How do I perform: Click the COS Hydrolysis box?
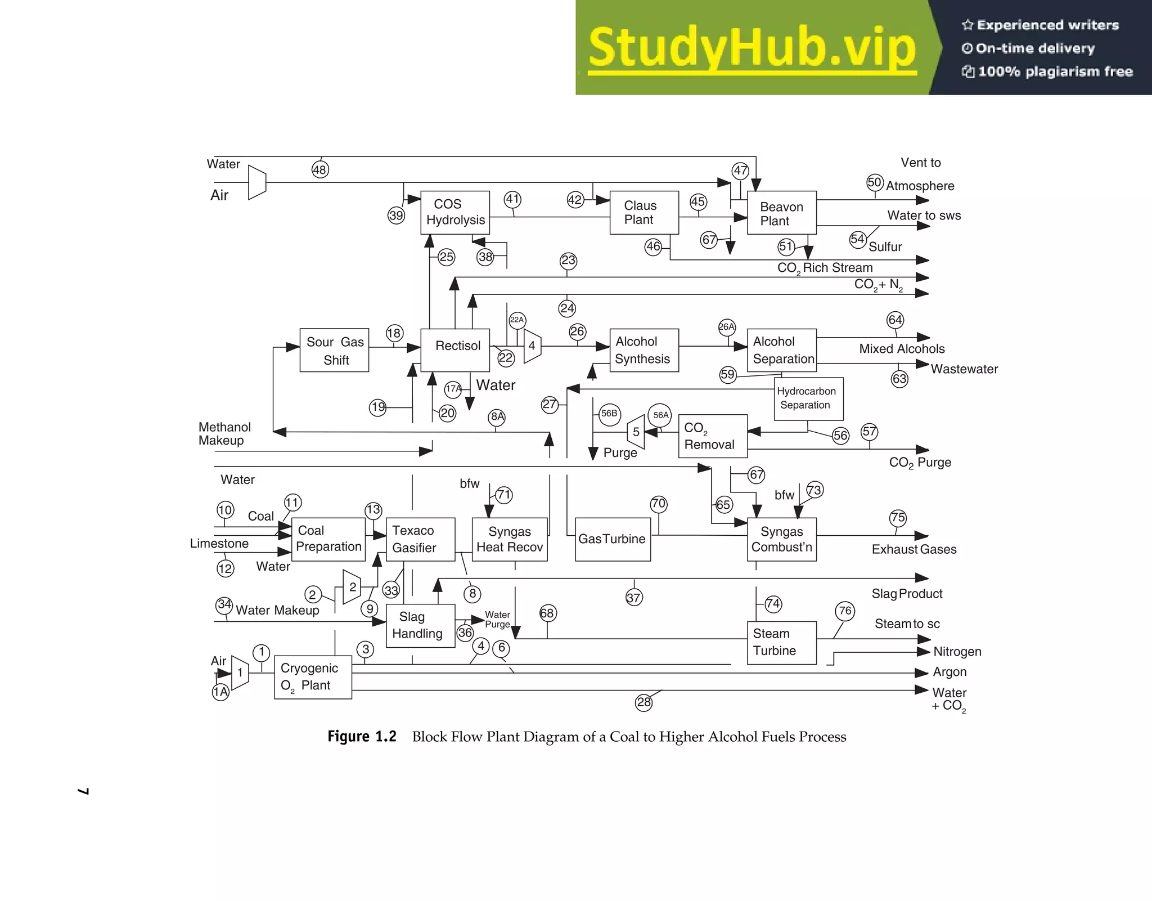[x=455, y=212]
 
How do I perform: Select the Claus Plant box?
[x=644, y=213]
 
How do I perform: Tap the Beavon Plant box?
[x=781, y=213]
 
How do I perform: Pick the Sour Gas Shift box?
[x=334, y=350]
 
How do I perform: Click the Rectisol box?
[x=455, y=350]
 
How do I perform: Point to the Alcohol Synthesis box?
[x=644, y=350]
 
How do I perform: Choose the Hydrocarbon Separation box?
[x=808, y=398]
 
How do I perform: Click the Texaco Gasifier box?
[x=420, y=539]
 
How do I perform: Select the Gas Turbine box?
[x=613, y=539]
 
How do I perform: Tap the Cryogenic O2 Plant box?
[x=313, y=677]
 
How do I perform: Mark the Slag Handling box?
[x=420, y=625]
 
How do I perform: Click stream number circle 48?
[x=320, y=169]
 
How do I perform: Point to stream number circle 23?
[x=568, y=260]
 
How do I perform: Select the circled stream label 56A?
[x=660, y=415]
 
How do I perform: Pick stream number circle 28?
[x=643, y=702]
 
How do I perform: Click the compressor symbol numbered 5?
[x=636, y=432]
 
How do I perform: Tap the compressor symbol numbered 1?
[x=240, y=672]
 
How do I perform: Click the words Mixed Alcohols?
[x=902, y=349]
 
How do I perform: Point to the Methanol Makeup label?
[x=224, y=434]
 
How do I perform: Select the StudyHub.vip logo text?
[x=752, y=48]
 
